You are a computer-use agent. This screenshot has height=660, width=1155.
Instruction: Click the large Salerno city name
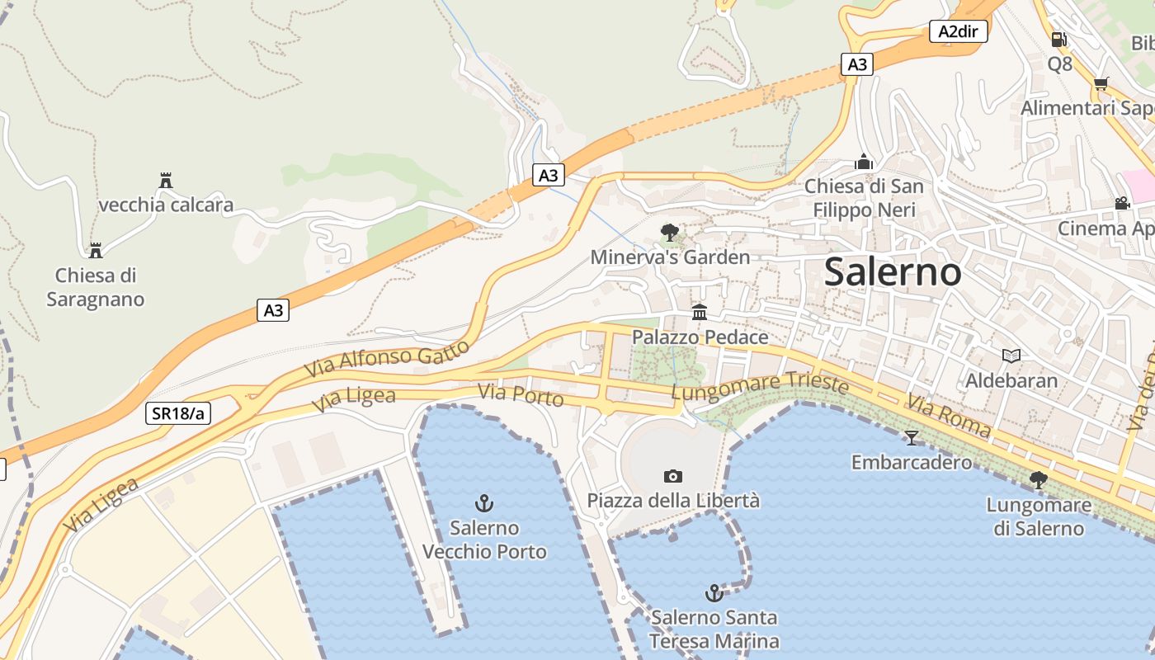pyautogui.click(x=893, y=271)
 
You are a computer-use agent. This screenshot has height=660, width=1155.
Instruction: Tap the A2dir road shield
pyautogui.click(x=958, y=31)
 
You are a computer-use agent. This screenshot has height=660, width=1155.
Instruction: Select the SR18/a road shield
pyautogui.click(x=177, y=413)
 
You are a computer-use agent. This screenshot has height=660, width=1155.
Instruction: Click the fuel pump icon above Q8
pyautogui.click(x=1058, y=39)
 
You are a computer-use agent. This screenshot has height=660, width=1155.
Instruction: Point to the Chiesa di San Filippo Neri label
pyautogui.click(x=864, y=198)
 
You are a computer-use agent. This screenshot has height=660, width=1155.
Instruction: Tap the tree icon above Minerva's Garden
pyautogui.click(x=670, y=232)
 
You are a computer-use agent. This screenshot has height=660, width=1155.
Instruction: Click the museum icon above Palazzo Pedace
pyautogui.click(x=700, y=312)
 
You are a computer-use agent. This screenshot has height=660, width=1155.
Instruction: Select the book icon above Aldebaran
pyautogui.click(x=1011, y=356)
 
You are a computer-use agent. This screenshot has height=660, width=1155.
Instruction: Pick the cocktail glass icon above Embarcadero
pyautogui.click(x=911, y=436)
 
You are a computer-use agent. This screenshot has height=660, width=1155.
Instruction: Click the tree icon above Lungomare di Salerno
pyautogui.click(x=1038, y=479)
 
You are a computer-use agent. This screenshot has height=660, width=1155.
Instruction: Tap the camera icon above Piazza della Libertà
pyautogui.click(x=673, y=476)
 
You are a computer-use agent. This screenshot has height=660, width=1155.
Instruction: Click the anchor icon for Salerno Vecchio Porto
pyautogui.click(x=484, y=502)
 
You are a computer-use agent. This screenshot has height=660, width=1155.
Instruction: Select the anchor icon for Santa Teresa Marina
pyautogui.click(x=714, y=592)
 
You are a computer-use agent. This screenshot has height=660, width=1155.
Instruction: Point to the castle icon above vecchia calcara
pyautogui.click(x=166, y=180)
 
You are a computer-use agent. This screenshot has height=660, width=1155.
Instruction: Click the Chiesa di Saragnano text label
pyautogui.click(x=95, y=287)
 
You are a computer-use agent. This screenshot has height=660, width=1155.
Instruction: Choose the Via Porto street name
pyautogui.click(x=521, y=395)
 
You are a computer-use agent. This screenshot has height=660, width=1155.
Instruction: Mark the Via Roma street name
pyautogui.click(x=949, y=415)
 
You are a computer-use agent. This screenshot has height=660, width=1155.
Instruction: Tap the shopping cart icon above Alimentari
pyautogui.click(x=1101, y=83)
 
